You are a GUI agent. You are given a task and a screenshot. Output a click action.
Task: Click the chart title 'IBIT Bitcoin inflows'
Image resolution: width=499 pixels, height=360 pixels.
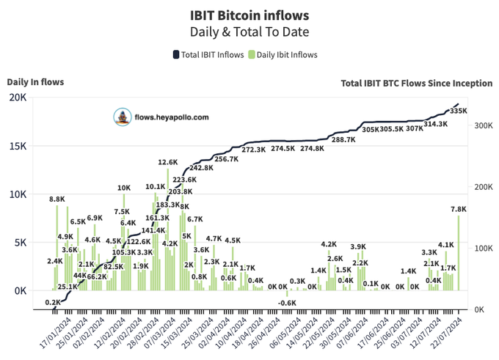tap(249, 15)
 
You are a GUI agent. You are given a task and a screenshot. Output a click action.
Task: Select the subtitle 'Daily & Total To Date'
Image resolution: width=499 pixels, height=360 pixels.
tap(249, 32)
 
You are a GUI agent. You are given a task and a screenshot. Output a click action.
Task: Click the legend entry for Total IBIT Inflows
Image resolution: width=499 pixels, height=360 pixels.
tap(208, 55)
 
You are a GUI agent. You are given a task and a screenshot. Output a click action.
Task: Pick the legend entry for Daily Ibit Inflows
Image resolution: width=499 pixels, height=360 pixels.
tap(283, 55)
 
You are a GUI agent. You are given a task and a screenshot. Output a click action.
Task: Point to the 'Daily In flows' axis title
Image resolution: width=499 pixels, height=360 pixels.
tap(35, 82)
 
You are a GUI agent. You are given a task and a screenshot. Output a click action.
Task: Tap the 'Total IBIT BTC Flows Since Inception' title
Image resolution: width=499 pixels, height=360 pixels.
tap(416, 84)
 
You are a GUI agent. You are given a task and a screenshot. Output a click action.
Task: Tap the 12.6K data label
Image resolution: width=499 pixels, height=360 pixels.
tap(168, 162)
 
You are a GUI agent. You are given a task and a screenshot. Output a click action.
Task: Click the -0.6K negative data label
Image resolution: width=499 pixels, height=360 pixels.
tap(287, 303)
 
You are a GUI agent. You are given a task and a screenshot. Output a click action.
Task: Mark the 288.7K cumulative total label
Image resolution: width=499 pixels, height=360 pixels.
tap(343, 139)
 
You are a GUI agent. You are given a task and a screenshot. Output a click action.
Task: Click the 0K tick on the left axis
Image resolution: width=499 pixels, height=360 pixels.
tap(19, 290)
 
